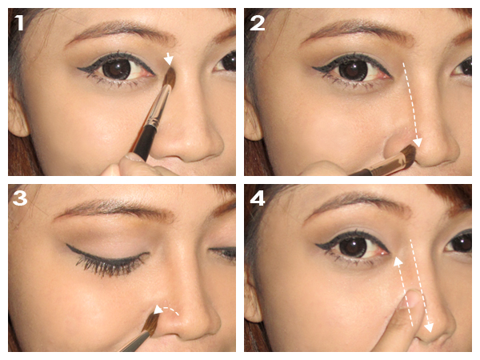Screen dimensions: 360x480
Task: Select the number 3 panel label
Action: (x=20, y=198)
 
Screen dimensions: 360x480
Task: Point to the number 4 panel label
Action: (x=258, y=198)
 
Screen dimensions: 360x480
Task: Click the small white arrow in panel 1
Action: (x=169, y=58)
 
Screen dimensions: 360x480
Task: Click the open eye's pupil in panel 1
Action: (x=117, y=69)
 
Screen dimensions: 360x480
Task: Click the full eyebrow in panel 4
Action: (x=352, y=206)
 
